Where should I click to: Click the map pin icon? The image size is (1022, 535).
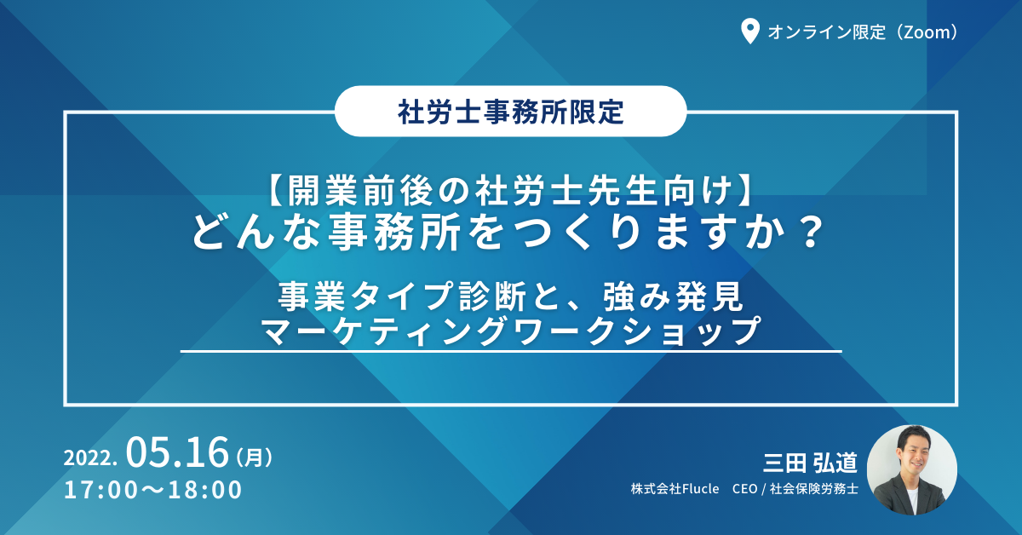[749, 30]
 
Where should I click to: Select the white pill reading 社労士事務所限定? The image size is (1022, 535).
[510, 111]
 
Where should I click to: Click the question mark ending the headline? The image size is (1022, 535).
[811, 233]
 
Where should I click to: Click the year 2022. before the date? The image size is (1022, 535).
[90, 457]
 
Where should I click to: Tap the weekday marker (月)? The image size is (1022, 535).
[255, 457]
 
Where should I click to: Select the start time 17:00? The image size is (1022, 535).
[100, 489]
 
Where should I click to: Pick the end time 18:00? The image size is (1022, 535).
[205, 489]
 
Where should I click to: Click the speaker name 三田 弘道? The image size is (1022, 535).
[810, 463]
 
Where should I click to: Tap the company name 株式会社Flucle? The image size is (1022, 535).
[675, 489]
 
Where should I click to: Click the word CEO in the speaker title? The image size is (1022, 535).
[744, 489]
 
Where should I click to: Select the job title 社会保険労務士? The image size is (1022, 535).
[814, 489]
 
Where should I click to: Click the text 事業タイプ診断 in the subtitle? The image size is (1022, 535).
[403, 296]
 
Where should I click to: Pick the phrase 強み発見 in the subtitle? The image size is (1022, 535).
[673, 296]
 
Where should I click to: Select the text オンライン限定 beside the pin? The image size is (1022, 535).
[827, 32]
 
